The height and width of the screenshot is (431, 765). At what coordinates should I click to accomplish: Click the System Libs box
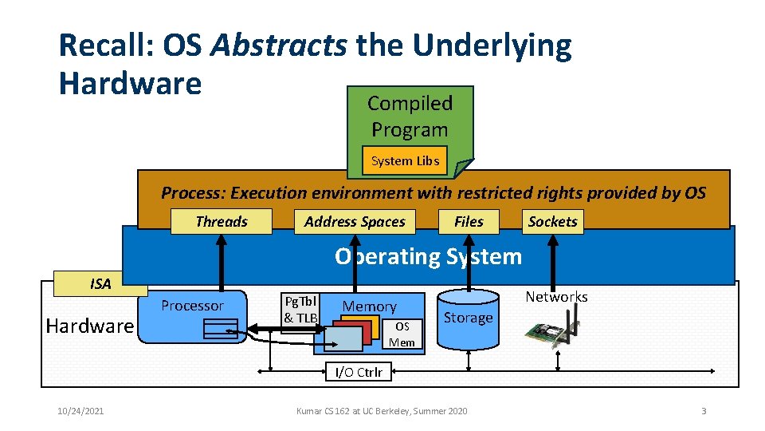click(x=405, y=161)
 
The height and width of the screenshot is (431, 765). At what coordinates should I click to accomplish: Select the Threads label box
click(x=222, y=222)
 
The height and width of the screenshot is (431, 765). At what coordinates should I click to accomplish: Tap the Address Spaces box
click(x=355, y=222)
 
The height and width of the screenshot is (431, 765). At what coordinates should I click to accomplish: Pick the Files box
click(x=469, y=222)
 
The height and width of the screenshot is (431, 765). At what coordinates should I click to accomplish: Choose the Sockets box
click(x=552, y=222)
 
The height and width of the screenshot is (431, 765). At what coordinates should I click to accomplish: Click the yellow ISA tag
click(x=100, y=283)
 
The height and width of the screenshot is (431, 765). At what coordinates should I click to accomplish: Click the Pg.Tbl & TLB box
click(x=300, y=310)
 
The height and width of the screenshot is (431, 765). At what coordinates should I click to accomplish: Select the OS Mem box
click(x=402, y=334)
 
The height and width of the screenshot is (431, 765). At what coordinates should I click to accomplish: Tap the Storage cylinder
click(x=468, y=318)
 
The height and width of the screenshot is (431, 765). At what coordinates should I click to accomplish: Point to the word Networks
click(x=556, y=297)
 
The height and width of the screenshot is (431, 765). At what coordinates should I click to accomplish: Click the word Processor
click(x=192, y=306)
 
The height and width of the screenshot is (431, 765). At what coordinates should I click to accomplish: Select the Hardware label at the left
click(x=89, y=326)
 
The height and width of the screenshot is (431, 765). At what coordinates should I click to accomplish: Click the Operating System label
click(x=428, y=257)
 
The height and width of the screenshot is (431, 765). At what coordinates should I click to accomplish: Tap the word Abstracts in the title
click(x=279, y=47)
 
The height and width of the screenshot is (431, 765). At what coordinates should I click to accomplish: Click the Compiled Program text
click(x=410, y=117)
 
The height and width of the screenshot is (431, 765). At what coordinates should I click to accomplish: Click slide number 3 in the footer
click(x=704, y=411)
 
